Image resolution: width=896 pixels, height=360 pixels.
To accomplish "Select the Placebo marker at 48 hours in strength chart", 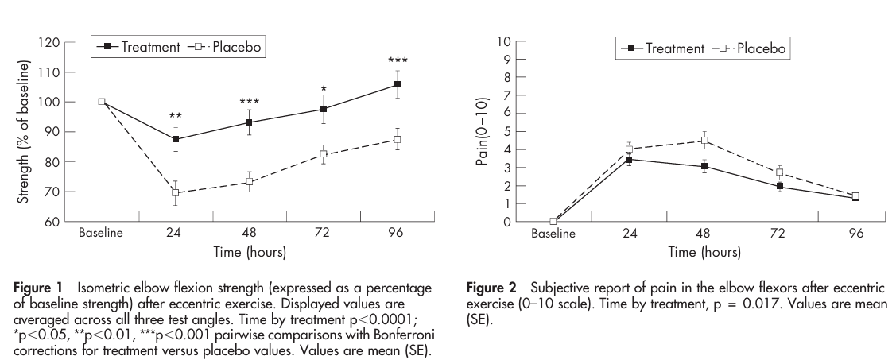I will [x=249, y=182].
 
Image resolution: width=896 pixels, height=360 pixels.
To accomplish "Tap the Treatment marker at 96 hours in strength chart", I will [x=397, y=84].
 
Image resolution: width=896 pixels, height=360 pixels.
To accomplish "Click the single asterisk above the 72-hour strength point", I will [x=323, y=89].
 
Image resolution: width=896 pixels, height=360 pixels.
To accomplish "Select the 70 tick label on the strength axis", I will [x=56, y=192].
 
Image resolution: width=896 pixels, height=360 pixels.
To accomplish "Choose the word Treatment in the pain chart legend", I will [x=675, y=48].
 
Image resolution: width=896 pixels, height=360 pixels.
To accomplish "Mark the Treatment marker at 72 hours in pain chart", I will [x=780, y=186].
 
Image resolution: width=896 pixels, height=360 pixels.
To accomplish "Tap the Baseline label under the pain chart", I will [x=553, y=235].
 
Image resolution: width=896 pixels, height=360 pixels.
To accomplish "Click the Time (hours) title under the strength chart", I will [x=249, y=253].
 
